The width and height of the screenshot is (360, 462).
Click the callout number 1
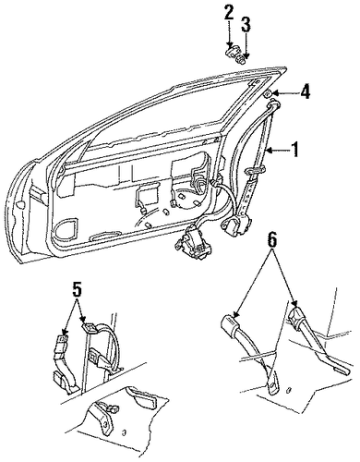click(x=294, y=150)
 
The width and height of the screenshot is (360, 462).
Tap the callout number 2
click(x=229, y=15)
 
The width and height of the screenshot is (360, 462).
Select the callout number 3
click(x=246, y=25)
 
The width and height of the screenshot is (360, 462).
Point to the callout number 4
click(x=305, y=91)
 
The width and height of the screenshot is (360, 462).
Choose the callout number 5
click(x=78, y=290)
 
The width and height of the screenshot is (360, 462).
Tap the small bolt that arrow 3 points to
click(x=242, y=60)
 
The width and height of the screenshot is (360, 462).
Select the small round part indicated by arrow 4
click(x=269, y=94)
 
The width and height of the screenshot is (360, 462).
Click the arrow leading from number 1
click(x=278, y=150)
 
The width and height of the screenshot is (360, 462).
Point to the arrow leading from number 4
click(x=285, y=92)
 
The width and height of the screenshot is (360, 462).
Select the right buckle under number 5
click(x=90, y=328)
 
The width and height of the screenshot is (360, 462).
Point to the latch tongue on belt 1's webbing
click(x=255, y=169)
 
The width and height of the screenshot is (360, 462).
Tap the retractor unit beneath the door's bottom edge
click(x=193, y=242)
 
